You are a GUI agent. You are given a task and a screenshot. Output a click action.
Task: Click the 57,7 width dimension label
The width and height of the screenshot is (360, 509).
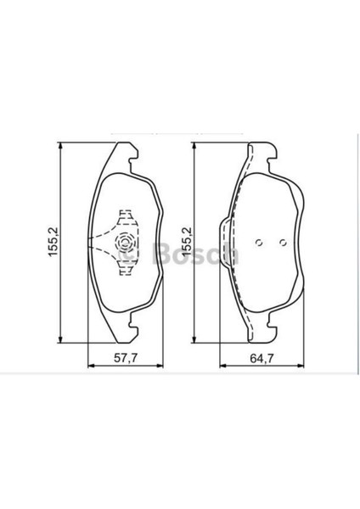[126, 358]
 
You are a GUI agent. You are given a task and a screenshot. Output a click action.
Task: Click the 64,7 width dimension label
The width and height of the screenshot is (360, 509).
[262, 358]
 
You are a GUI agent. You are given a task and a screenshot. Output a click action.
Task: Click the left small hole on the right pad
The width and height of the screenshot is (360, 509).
[259, 243]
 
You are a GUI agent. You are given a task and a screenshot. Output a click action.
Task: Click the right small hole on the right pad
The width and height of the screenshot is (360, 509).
[284, 243]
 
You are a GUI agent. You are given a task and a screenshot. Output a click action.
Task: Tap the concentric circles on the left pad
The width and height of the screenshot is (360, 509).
[126, 243]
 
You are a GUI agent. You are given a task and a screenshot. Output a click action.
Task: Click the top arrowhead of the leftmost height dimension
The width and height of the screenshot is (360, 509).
[59, 146]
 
